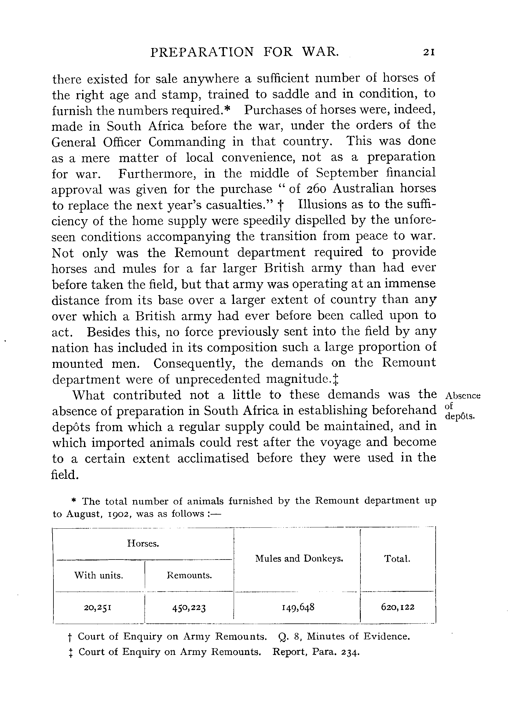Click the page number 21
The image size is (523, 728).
tap(429, 52)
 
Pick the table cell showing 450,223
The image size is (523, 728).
tap(189, 607)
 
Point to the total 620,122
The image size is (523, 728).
tap(398, 607)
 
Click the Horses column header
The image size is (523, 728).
tap(143, 543)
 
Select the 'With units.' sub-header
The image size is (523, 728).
tap(99, 575)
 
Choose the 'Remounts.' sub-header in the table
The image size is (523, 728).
tap(189, 575)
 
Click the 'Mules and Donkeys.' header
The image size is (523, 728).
tap(299, 559)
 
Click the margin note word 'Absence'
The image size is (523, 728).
tap(463, 396)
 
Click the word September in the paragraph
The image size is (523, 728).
tap(347, 173)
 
